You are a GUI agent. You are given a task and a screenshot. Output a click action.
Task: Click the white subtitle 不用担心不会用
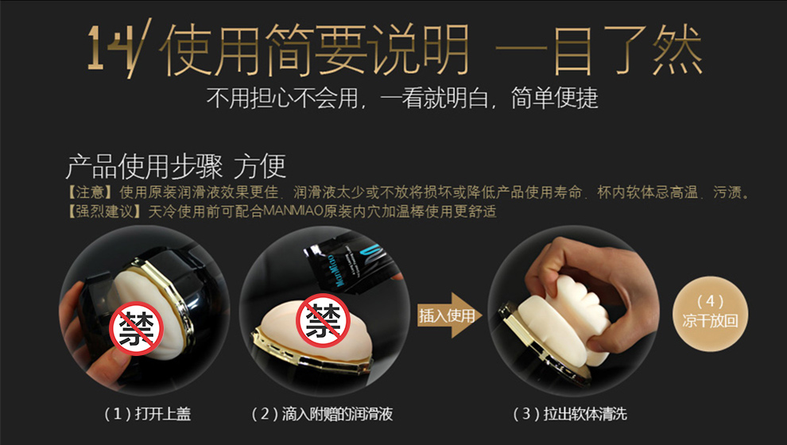[x=282, y=98]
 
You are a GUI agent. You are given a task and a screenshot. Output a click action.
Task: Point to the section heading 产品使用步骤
[x=144, y=167]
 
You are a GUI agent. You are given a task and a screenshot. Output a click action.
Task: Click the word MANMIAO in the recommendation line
[x=293, y=211]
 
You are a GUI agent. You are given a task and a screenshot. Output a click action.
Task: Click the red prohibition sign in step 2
[x=322, y=320]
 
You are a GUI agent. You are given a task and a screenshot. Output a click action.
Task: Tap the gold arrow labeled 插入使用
[x=449, y=315]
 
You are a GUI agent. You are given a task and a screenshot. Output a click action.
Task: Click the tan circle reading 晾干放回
[x=710, y=314]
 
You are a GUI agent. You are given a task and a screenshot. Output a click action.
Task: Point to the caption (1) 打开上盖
[x=148, y=414]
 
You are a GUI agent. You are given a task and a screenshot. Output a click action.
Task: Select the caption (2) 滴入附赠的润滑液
[x=322, y=414]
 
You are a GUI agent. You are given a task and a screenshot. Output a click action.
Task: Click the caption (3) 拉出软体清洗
[x=570, y=414]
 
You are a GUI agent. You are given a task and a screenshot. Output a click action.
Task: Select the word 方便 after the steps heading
[x=259, y=167]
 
